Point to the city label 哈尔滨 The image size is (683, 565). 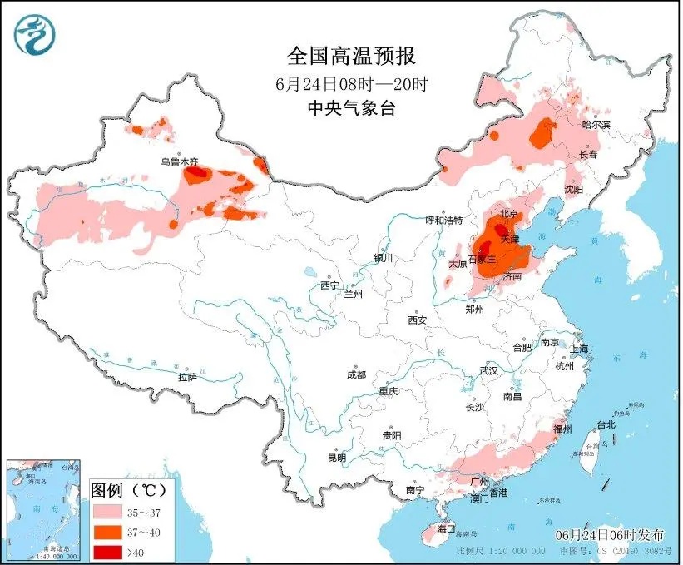[595, 125]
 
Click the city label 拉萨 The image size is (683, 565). [187, 377]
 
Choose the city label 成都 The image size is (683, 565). [355, 374]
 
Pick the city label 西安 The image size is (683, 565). [417, 320]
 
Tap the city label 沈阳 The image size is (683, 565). [573, 190]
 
